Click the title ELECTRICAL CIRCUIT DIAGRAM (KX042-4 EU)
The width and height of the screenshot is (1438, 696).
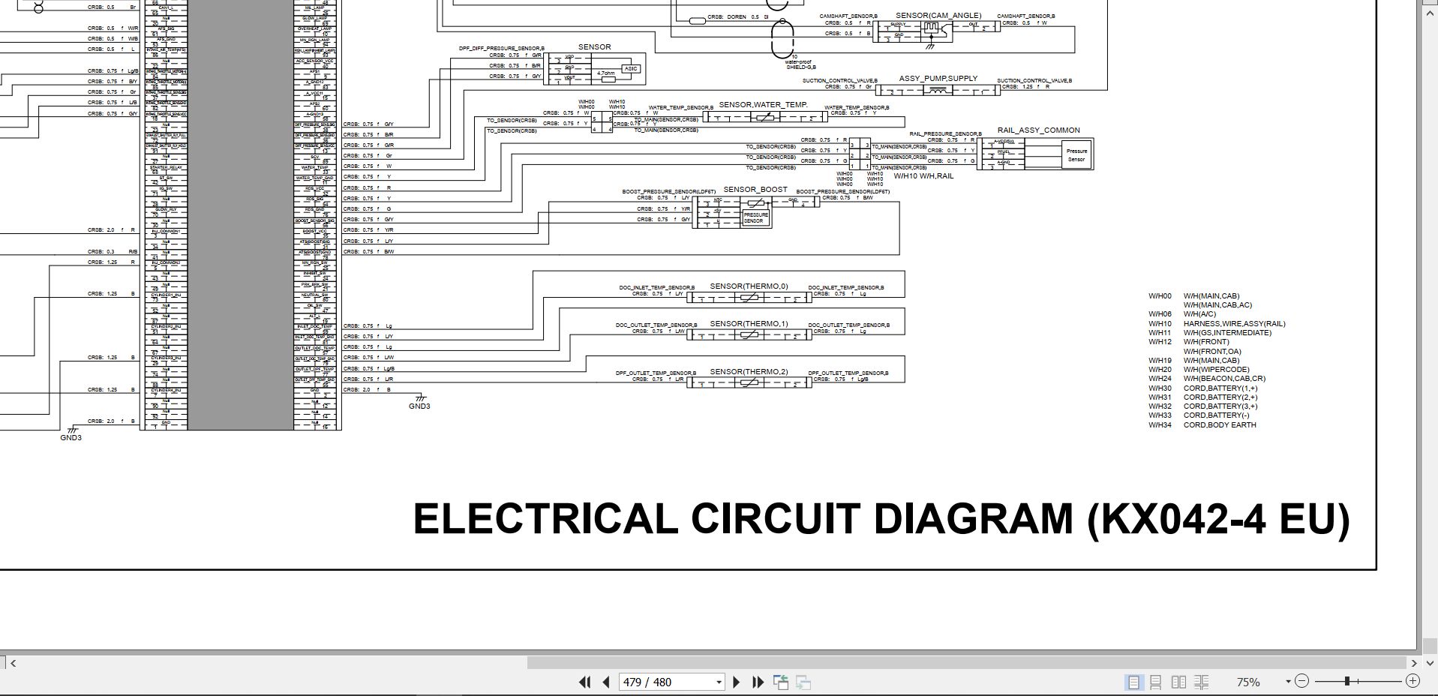pyautogui.click(x=881, y=519)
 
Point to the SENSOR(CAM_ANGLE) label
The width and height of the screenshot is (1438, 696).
pyautogui.click(x=938, y=16)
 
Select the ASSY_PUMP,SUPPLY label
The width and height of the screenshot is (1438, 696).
pyautogui.click(x=938, y=79)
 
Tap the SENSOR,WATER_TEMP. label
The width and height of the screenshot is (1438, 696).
pyautogui.click(x=763, y=105)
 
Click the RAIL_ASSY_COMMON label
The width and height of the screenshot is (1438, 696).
pyautogui.click(x=1038, y=130)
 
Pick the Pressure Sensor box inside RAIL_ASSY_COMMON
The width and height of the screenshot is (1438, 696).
pyautogui.click(x=1076, y=155)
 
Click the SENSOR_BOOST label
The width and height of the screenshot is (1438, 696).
pyautogui.click(x=755, y=190)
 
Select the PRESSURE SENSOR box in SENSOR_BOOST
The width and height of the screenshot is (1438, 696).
pyautogui.click(x=755, y=217)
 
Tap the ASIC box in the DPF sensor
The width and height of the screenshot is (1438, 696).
pyautogui.click(x=630, y=69)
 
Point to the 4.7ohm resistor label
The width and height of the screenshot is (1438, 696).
pyautogui.click(x=605, y=73)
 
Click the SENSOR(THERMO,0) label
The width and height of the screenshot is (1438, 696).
pyautogui.click(x=749, y=286)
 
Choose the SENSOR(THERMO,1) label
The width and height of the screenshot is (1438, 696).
pyautogui.click(x=749, y=324)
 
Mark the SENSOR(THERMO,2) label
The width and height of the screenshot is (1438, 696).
pyautogui.click(x=749, y=372)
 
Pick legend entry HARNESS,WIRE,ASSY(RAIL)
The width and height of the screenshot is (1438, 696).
pyautogui.click(x=1234, y=324)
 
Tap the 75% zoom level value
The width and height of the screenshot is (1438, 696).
pyautogui.click(x=1247, y=682)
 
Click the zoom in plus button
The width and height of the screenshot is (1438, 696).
pyautogui.click(x=1412, y=681)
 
